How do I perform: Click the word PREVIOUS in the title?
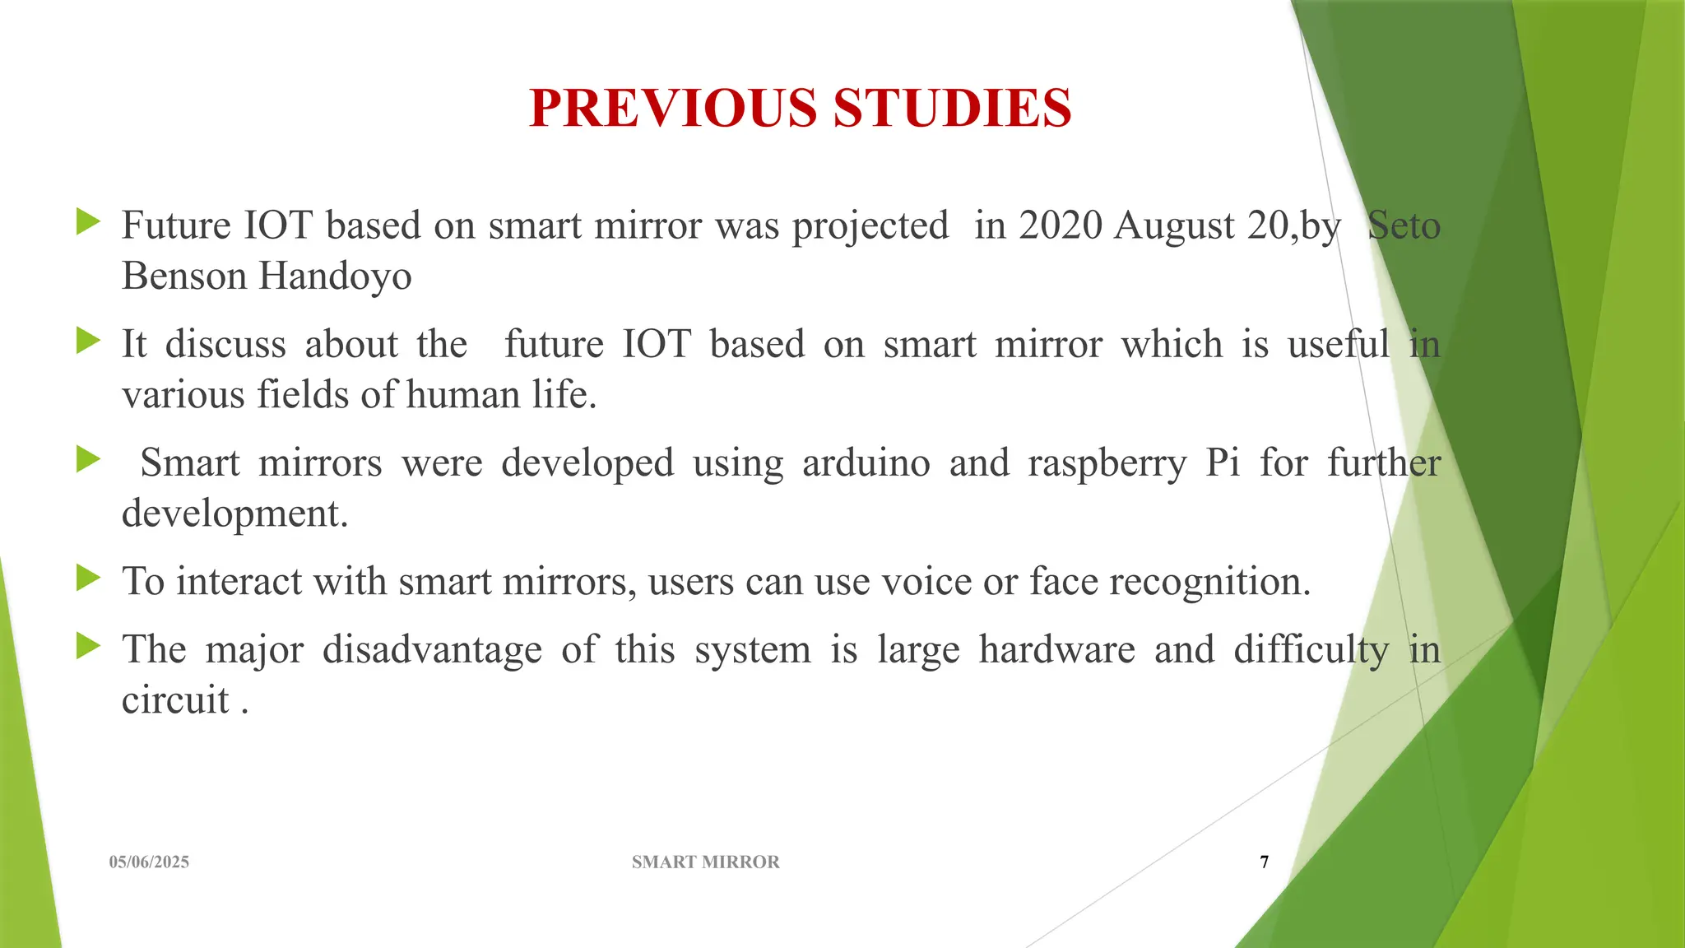674,108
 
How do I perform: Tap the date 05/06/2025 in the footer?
149,862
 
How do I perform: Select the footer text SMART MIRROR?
705,862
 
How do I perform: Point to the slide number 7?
1265,862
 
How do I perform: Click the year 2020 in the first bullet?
1061,225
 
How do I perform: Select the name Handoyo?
335,276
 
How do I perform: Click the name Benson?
183,276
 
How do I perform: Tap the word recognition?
1209,583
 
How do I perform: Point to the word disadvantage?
432,649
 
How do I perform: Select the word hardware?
1056,649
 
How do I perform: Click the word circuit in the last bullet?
175,700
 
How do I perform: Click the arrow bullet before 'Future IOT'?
87,222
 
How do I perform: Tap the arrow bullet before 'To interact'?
87,578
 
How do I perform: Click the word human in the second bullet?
462,395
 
